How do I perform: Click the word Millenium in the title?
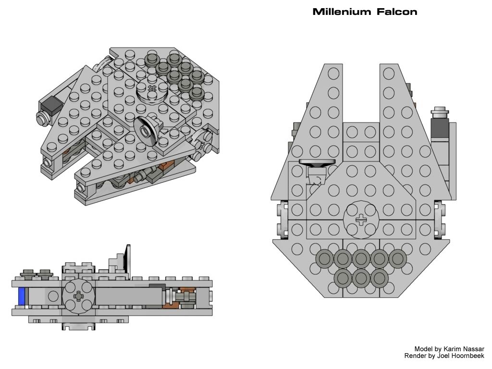click(x=339, y=12)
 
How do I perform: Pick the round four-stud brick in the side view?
click(x=77, y=297)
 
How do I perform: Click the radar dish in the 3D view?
click(x=145, y=129)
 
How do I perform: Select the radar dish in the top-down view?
click(x=318, y=163)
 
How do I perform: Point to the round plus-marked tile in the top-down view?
click(x=361, y=220)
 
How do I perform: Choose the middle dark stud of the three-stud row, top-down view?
click(x=361, y=277)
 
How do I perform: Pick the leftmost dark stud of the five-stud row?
click(x=324, y=259)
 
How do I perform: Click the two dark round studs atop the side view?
click(x=37, y=273)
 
